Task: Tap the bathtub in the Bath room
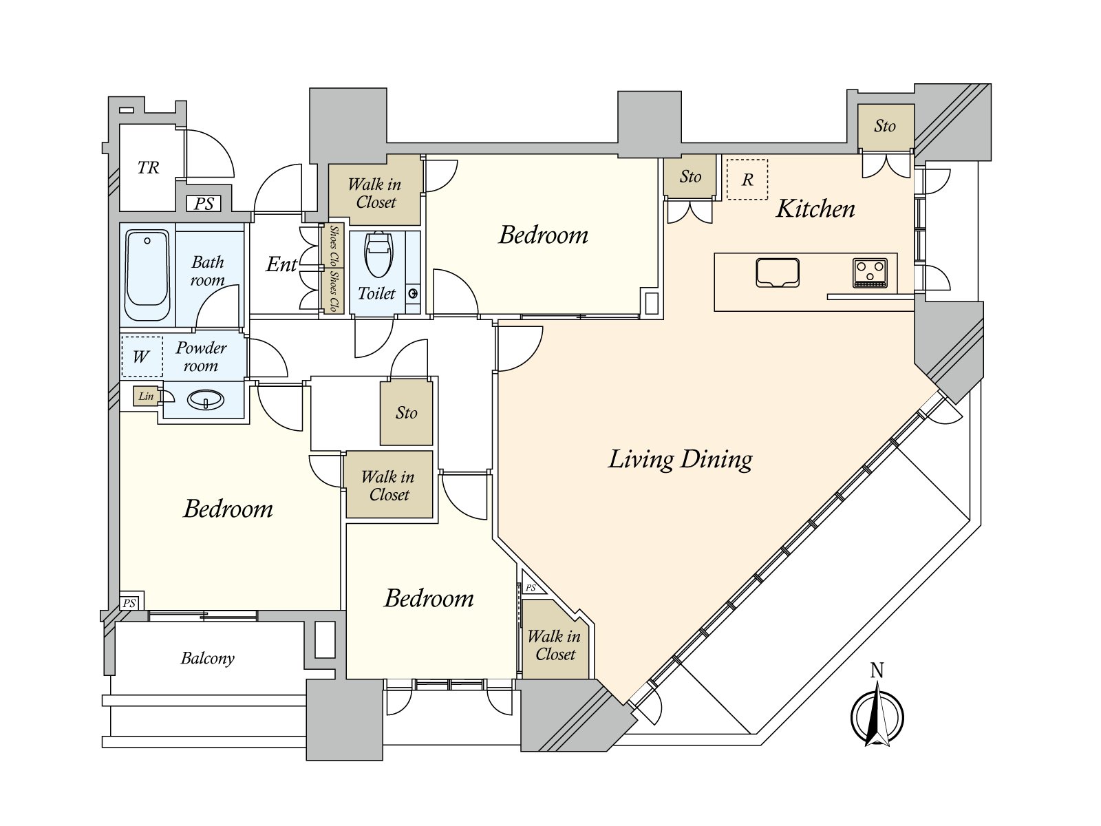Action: tap(147, 274)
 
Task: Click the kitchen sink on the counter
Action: tap(777, 273)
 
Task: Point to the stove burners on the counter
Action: tap(870, 273)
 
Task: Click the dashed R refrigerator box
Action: tap(747, 180)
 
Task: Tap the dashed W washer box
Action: tap(142, 357)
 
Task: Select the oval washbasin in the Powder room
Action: tap(206, 400)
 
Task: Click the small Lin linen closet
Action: tap(146, 396)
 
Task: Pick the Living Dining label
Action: tap(680, 459)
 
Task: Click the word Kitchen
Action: tap(815, 209)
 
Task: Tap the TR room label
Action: tap(148, 167)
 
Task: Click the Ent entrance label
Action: tap(281, 264)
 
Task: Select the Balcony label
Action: tap(207, 658)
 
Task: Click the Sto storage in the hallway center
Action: tap(406, 412)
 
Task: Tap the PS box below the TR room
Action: tap(204, 204)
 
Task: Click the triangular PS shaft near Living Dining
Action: tap(531, 586)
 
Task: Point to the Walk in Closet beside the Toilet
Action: tap(375, 193)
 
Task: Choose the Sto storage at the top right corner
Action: tap(885, 126)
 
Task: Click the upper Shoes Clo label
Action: tap(334, 246)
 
